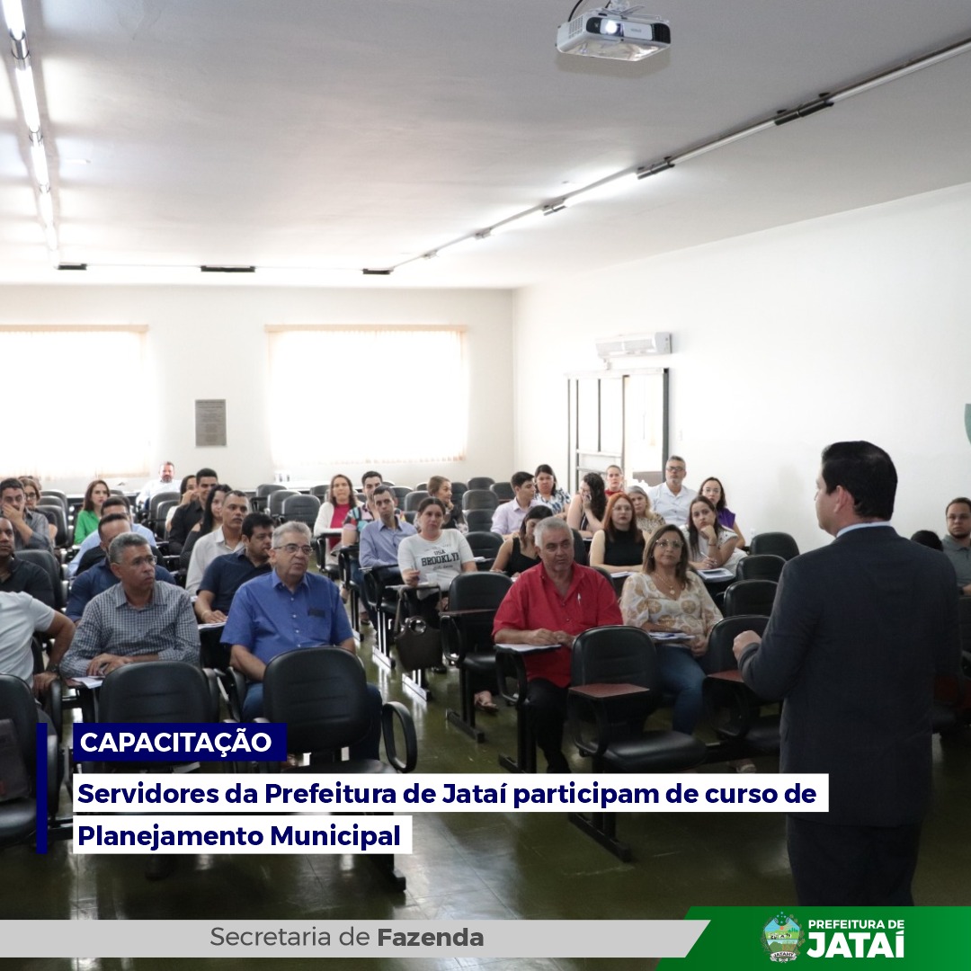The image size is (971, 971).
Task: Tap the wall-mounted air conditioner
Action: [634, 345]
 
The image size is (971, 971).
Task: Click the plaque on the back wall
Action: [210, 423]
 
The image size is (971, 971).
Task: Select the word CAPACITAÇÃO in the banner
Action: [176, 742]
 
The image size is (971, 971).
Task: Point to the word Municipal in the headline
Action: [335, 836]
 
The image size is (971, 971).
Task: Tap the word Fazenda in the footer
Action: [430, 938]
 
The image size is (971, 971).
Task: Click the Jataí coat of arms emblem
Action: [783, 938]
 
